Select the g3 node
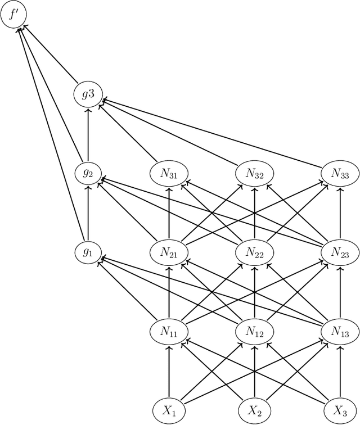click(88, 94)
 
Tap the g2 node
click(88, 173)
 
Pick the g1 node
click(88, 252)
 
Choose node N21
click(169, 252)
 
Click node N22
click(254, 252)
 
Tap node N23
click(340, 252)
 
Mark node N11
click(169, 332)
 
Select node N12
click(254, 332)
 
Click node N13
click(340, 332)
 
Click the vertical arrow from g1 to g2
click(88, 213)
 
